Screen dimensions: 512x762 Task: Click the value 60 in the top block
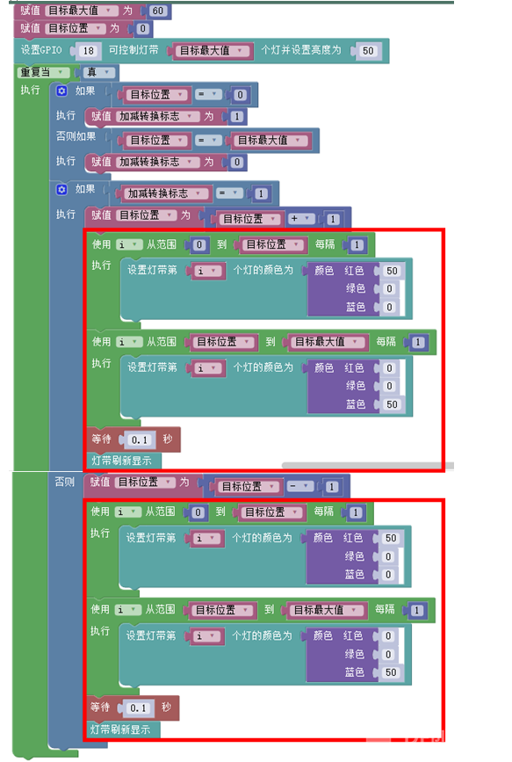157,11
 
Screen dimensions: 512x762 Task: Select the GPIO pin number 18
88,51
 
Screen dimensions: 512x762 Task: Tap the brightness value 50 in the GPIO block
368,51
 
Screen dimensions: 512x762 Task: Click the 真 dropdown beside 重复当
98,73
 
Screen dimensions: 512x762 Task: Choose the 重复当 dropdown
42,73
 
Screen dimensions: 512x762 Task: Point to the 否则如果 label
76,136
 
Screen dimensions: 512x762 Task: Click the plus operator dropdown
301,219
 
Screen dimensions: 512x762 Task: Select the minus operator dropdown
299,486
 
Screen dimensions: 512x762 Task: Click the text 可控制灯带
133,50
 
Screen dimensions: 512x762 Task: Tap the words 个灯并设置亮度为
301,50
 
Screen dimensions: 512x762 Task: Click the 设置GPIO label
41,50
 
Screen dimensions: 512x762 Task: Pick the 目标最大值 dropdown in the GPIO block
213,51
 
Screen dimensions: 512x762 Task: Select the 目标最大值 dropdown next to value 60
81,11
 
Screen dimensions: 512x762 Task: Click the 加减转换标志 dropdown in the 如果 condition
164,193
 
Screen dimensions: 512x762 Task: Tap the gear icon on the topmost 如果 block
61,91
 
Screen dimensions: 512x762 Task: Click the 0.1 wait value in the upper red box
140,439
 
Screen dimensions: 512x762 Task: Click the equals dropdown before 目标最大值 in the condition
209,141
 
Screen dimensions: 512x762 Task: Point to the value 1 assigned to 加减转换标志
236,117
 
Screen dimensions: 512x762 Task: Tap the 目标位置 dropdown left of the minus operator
246,486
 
